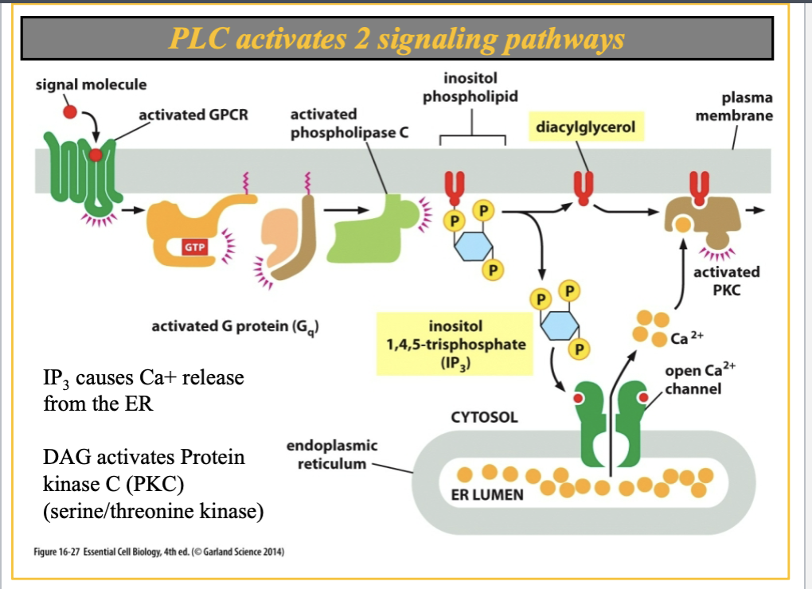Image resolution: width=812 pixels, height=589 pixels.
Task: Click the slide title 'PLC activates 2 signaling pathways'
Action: point(396,39)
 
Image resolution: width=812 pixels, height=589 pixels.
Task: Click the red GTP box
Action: point(195,247)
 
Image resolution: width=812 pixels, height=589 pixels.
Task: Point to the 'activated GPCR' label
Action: point(193,115)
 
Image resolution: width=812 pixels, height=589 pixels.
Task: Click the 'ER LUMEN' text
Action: point(475,494)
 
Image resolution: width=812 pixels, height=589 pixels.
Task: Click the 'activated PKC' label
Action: point(726,280)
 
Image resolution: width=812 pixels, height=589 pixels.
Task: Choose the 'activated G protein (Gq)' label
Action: point(236,327)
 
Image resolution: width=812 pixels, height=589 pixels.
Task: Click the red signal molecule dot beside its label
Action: point(70,111)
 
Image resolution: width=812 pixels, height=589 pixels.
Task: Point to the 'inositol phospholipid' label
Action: point(470,88)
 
